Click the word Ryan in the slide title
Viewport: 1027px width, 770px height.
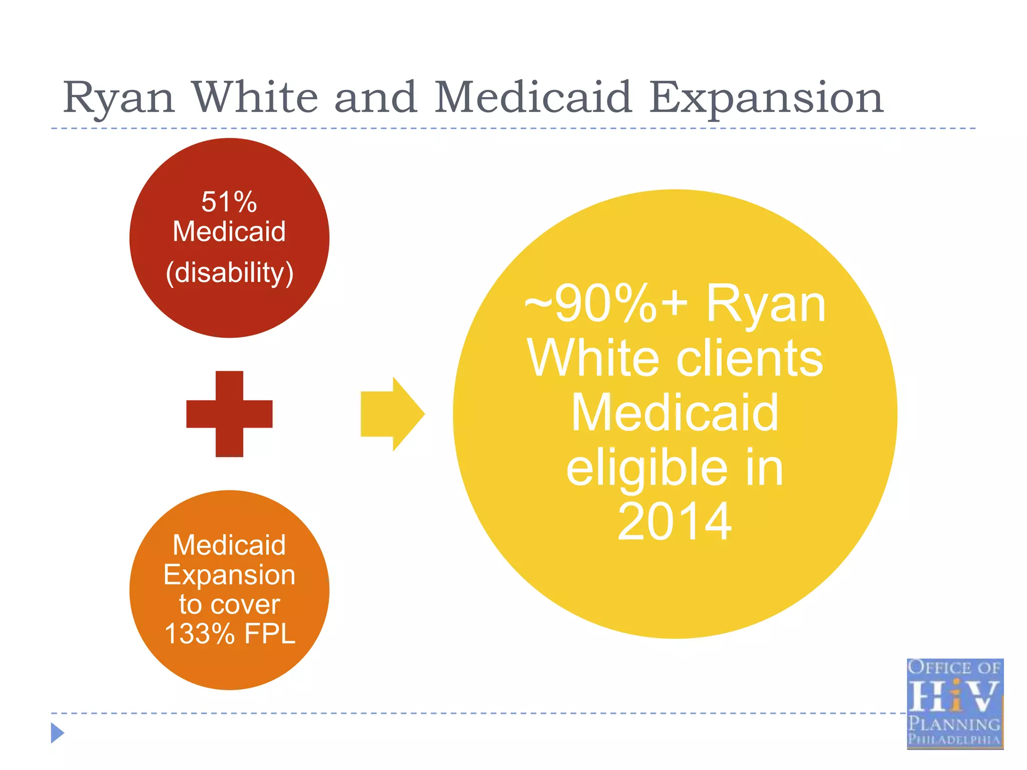(x=119, y=98)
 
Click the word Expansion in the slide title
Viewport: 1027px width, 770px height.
(x=766, y=98)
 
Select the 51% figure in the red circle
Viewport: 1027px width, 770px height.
(x=229, y=202)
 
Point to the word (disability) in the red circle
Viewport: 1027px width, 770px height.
(x=230, y=273)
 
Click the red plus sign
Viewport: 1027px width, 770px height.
(x=229, y=414)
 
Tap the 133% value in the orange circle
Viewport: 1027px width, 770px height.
(x=200, y=634)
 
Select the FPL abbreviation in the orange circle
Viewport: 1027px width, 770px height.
(x=270, y=634)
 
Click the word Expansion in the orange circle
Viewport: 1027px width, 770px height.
(x=229, y=575)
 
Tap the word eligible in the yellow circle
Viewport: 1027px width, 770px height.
(x=647, y=468)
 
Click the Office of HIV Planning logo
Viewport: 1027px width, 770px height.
(x=955, y=704)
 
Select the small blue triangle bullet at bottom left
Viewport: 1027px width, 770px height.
(x=57, y=733)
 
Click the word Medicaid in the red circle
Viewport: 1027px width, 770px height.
(x=229, y=232)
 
